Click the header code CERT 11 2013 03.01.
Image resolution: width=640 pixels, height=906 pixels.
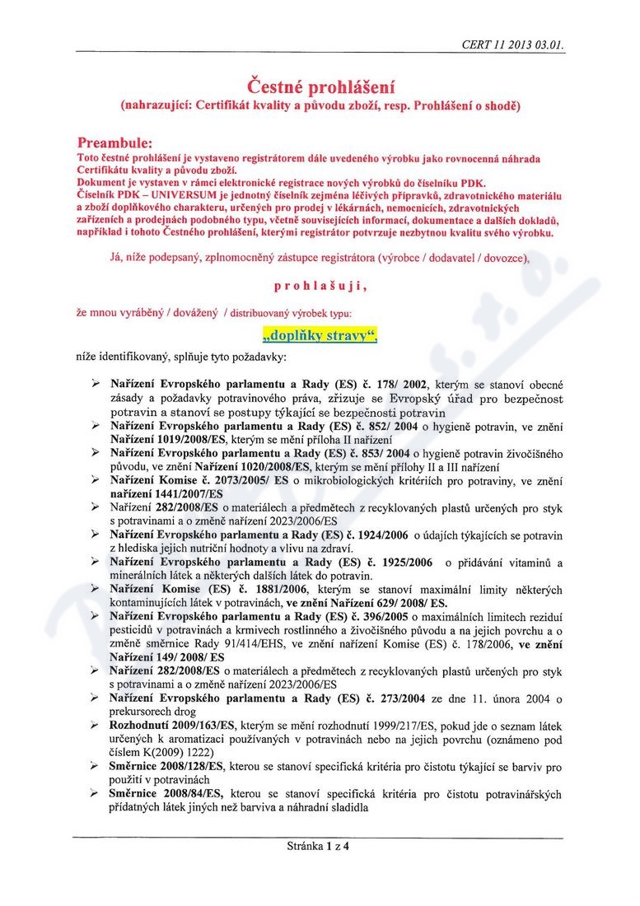click(514, 46)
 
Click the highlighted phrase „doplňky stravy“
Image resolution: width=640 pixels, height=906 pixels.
click(320, 335)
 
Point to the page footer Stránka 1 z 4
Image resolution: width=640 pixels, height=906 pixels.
click(319, 845)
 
